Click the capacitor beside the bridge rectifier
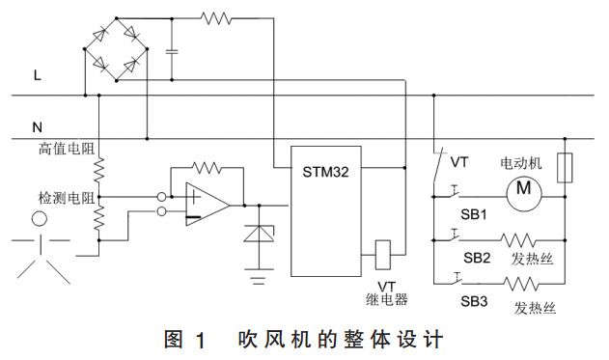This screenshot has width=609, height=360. pos(171,50)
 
